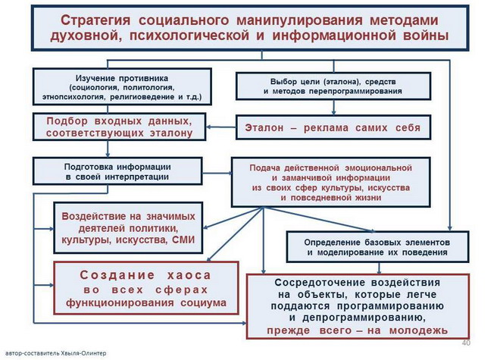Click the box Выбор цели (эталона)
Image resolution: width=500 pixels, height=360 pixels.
(333, 86)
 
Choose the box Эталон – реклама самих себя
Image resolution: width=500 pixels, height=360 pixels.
(333, 127)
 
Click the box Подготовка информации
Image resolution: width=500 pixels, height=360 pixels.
(117, 171)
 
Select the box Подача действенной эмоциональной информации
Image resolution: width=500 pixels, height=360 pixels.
(330, 182)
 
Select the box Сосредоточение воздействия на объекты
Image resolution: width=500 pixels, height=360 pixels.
(358, 305)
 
